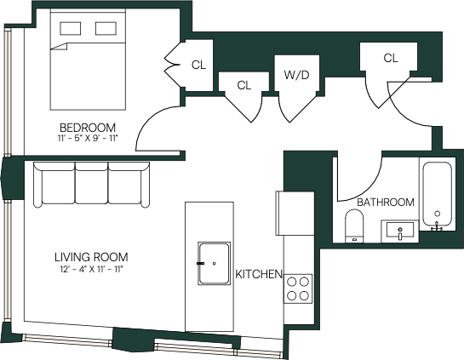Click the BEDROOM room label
[88, 128]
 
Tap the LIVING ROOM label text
[91, 257]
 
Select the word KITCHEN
[259, 274]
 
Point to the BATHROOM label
[386, 203]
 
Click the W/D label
[296, 75]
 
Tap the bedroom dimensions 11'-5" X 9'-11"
[88, 138]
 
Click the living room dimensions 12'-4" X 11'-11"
[90, 269]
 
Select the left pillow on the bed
[71, 28]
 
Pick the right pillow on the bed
[106, 28]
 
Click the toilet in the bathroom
[354, 226]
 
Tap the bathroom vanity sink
[400, 231]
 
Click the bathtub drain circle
[438, 214]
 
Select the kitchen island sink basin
[214, 263]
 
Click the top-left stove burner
[292, 282]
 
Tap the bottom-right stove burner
[305, 295]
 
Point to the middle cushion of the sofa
[92, 183]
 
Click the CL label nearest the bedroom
[198, 65]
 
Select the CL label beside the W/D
[244, 85]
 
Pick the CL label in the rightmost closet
[391, 58]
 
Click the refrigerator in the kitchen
[295, 214]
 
